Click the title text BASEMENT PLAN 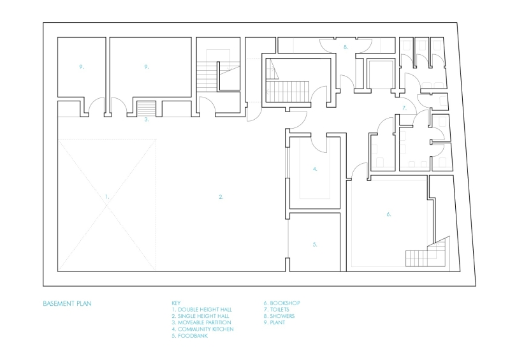[x=67, y=303]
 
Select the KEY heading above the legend [x=177, y=303]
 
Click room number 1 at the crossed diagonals [x=107, y=197]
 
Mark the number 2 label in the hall [x=221, y=197]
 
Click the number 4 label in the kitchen [x=315, y=169]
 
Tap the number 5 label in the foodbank [x=315, y=244]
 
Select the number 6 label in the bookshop [x=388, y=214]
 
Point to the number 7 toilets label [x=404, y=108]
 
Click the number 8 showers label [x=345, y=47]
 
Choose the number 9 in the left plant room [x=82, y=66]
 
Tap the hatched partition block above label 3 [x=147, y=108]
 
